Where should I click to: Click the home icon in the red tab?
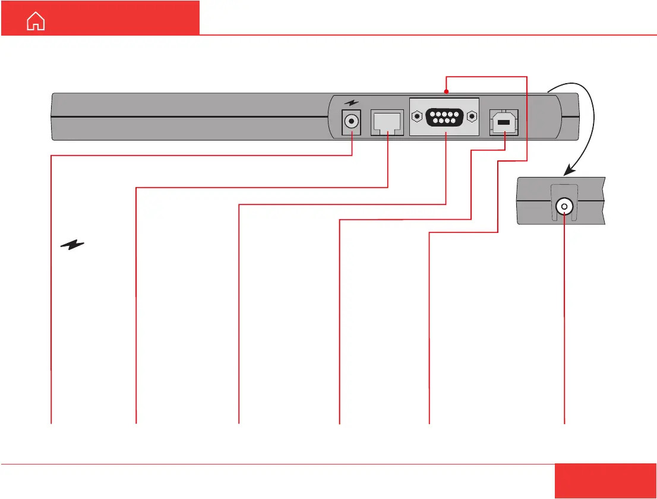tap(36, 22)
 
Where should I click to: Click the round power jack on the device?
tap(352, 122)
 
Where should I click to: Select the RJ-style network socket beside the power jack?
tap(387, 123)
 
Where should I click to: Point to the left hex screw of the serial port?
tap(419, 116)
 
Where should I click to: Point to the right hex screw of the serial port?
tap(471, 116)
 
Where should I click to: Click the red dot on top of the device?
tap(446, 91)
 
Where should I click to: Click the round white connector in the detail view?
tap(564, 207)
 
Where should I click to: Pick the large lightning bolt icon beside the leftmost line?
tap(72, 244)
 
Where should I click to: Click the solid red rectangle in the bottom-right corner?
tap(606, 481)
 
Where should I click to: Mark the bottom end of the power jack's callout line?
tap(51, 423)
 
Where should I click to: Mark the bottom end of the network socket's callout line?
tap(136, 423)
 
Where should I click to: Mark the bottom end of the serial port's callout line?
tap(238, 423)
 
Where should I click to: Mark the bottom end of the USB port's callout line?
tap(339, 423)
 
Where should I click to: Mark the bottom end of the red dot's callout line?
tap(429, 423)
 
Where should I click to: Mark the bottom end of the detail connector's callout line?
tap(564, 423)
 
